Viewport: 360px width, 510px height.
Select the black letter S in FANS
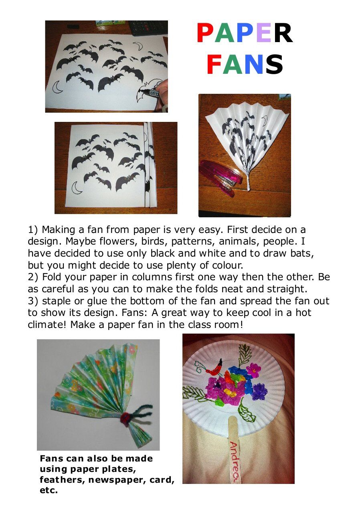274,64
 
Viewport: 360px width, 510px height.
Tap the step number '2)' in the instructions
33,277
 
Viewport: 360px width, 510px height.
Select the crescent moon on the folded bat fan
265,121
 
